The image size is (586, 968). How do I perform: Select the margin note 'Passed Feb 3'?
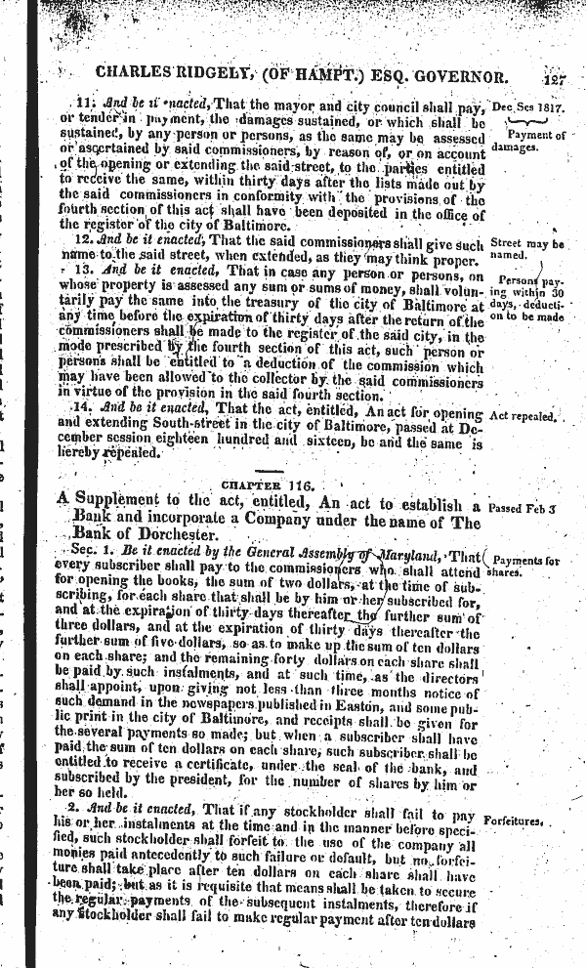[x=523, y=508]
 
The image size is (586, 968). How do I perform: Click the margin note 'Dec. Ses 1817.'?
[x=529, y=105]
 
